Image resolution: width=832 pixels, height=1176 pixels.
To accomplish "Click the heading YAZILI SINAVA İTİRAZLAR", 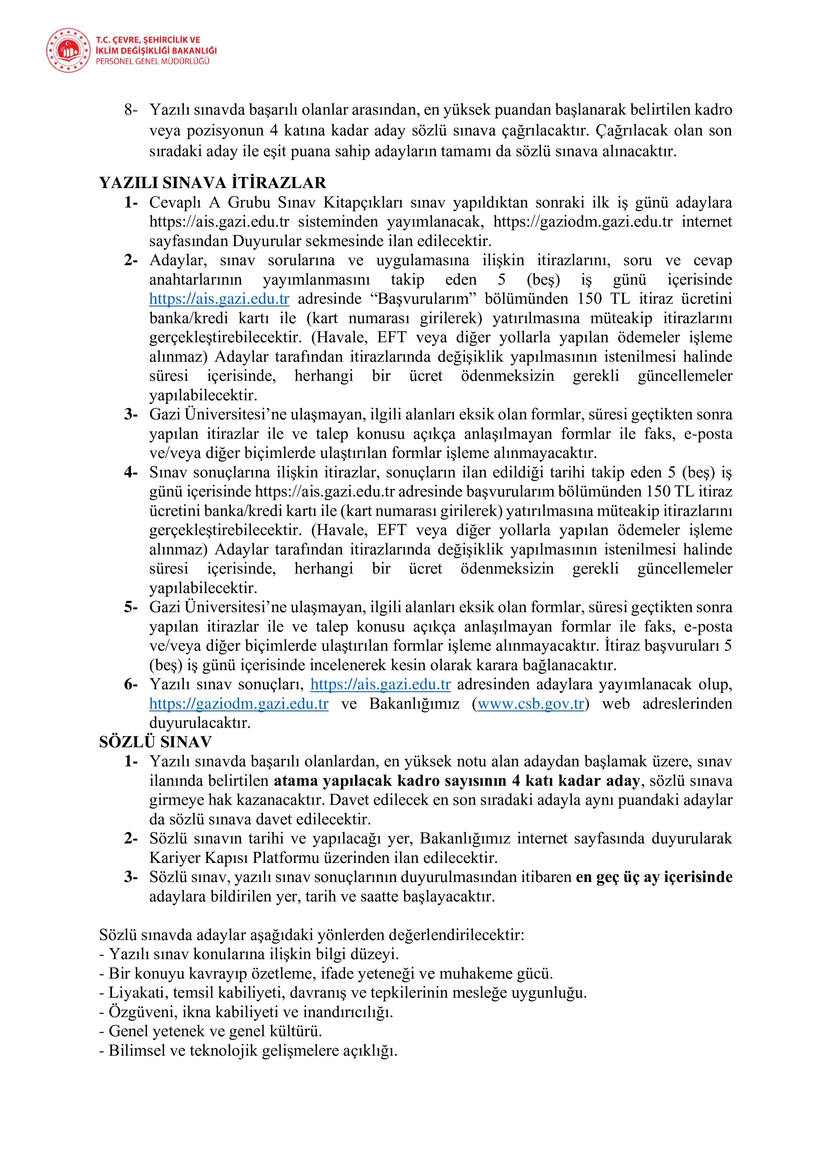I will [213, 183].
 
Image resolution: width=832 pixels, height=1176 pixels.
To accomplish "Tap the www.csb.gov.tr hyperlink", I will [531, 704].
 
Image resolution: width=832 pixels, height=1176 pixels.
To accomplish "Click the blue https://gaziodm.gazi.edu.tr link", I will [239, 704].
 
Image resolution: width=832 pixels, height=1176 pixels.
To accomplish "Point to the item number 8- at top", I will [131, 110].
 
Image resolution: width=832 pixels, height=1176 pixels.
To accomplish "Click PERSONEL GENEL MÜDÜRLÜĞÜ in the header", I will [153, 61].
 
